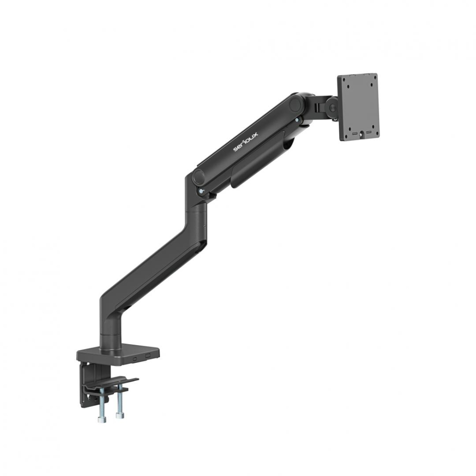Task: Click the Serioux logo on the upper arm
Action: click(x=241, y=141)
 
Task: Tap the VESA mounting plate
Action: click(x=358, y=107)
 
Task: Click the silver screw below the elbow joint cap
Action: click(x=202, y=191)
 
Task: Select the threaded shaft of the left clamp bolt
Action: click(x=101, y=404)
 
